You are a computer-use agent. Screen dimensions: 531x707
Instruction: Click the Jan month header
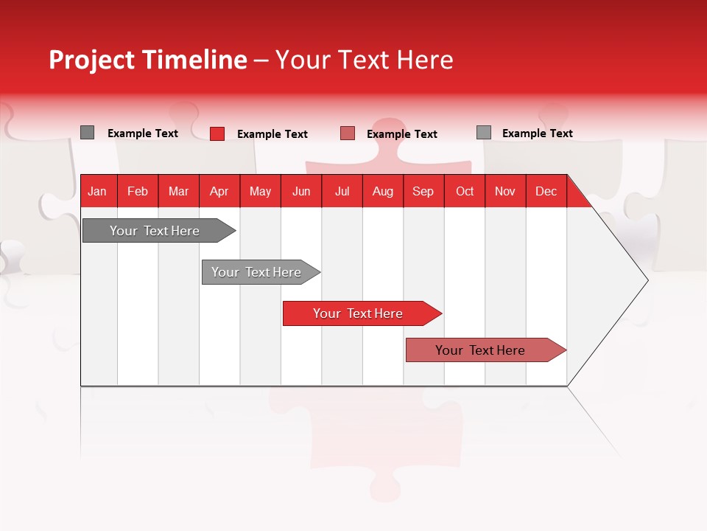tap(98, 191)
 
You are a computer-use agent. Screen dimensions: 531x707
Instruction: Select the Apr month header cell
tap(219, 191)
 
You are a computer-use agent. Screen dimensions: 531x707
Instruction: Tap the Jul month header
tap(342, 191)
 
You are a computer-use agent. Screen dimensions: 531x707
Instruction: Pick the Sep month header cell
tap(423, 191)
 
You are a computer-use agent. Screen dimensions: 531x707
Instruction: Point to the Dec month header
tap(546, 191)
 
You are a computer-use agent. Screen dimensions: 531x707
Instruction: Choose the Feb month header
tap(138, 191)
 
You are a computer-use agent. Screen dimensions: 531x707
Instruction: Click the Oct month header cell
tap(465, 191)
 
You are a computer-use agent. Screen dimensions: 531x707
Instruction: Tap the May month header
tap(260, 191)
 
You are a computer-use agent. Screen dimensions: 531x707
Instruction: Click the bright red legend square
tap(217, 133)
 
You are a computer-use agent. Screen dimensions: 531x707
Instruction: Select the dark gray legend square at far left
tap(88, 133)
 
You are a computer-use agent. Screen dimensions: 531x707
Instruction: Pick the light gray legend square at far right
tap(484, 133)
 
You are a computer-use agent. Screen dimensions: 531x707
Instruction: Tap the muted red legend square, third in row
tap(348, 133)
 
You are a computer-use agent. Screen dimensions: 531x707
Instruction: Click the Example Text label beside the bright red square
tap(272, 134)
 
